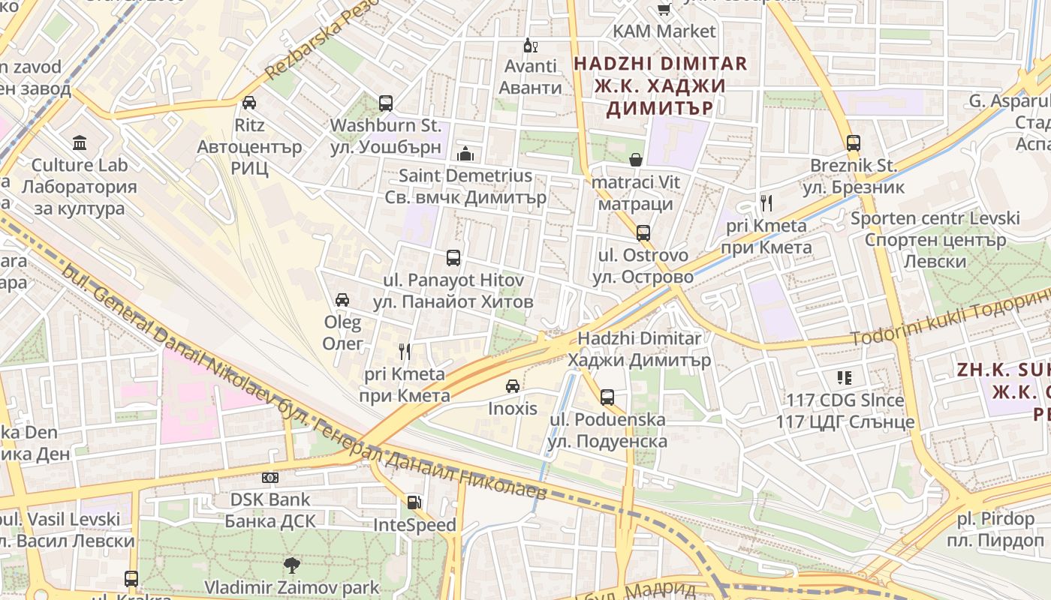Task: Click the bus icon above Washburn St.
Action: coord(385,103)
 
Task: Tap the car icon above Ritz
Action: coord(249,102)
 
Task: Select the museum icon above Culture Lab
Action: coord(80,142)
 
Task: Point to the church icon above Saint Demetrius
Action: coord(465,154)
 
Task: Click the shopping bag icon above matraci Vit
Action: coord(636,160)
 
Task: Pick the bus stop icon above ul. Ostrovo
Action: coord(643,233)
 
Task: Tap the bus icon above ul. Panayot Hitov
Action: coord(453,258)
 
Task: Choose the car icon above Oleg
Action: coord(342,300)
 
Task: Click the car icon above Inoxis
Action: coord(513,386)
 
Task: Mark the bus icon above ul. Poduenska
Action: coord(607,397)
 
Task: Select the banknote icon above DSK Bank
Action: coord(270,478)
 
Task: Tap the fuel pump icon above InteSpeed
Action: coord(414,502)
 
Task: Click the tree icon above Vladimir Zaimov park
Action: coord(292,565)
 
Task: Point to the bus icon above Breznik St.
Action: coord(853,143)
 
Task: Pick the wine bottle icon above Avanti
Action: coord(531,45)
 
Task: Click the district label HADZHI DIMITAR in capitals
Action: coord(661,64)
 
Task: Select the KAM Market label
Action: coord(664,31)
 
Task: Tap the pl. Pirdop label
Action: coord(995,518)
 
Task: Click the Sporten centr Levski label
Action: coord(935,218)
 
